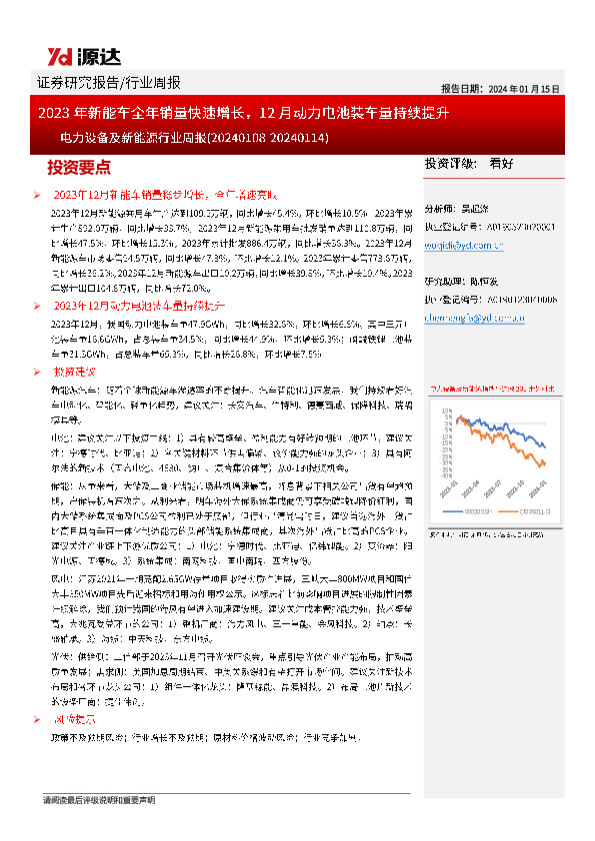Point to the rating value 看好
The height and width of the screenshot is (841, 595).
(x=501, y=163)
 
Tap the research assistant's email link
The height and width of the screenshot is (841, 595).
(x=468, y=318)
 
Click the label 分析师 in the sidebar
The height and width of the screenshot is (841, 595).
(x=440, y=209)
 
